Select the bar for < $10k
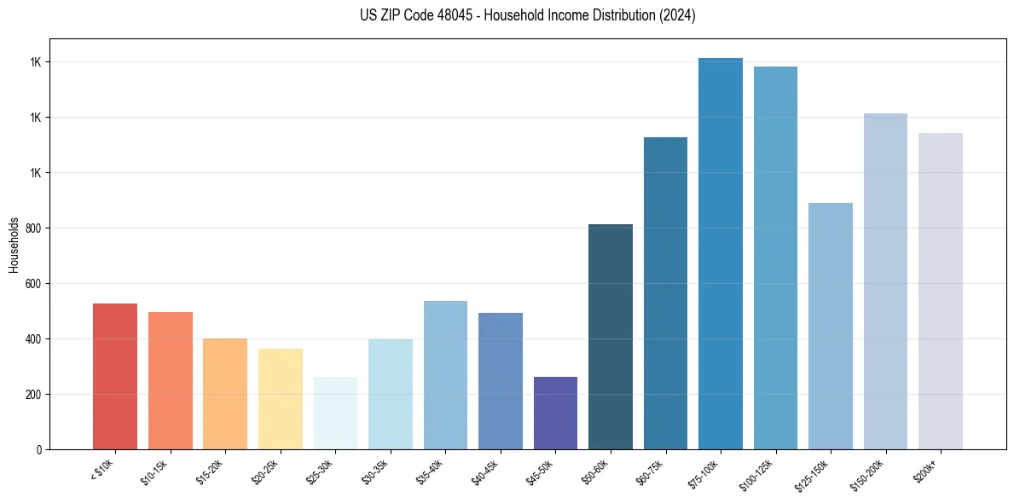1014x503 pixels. tap(115, 376)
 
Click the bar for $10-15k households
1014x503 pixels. tap(170, 380)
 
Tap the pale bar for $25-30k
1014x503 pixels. tap(335, 413)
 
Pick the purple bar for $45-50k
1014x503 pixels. tap(555, 413)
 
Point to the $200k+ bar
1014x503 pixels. tap(941, 291)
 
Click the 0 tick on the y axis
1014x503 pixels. tap(39, 450)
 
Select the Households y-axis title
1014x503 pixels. tap(14, 244)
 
